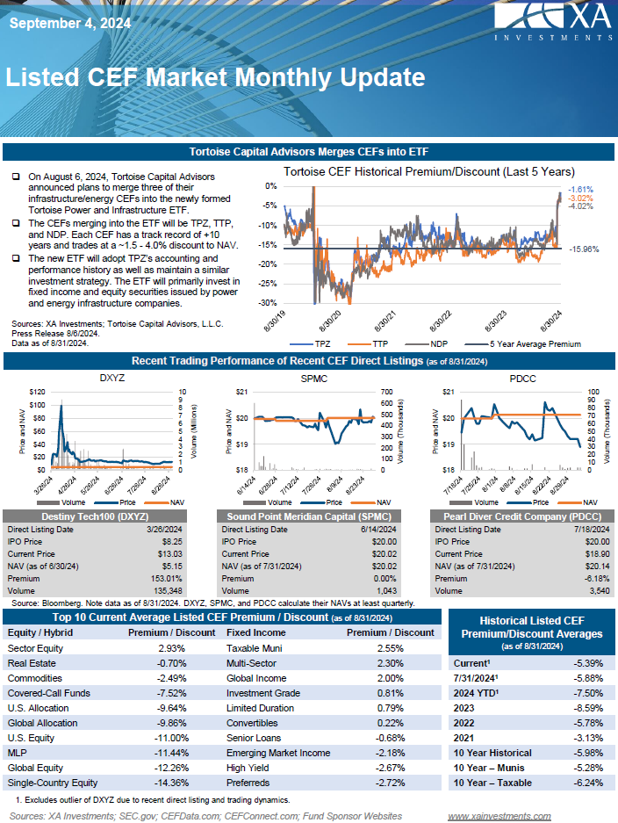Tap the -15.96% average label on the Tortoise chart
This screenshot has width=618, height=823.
point(583,249)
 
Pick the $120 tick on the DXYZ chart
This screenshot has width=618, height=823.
point(37,392)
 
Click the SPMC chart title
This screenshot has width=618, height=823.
point(314,378)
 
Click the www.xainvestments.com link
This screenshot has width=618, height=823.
point(499,816)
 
